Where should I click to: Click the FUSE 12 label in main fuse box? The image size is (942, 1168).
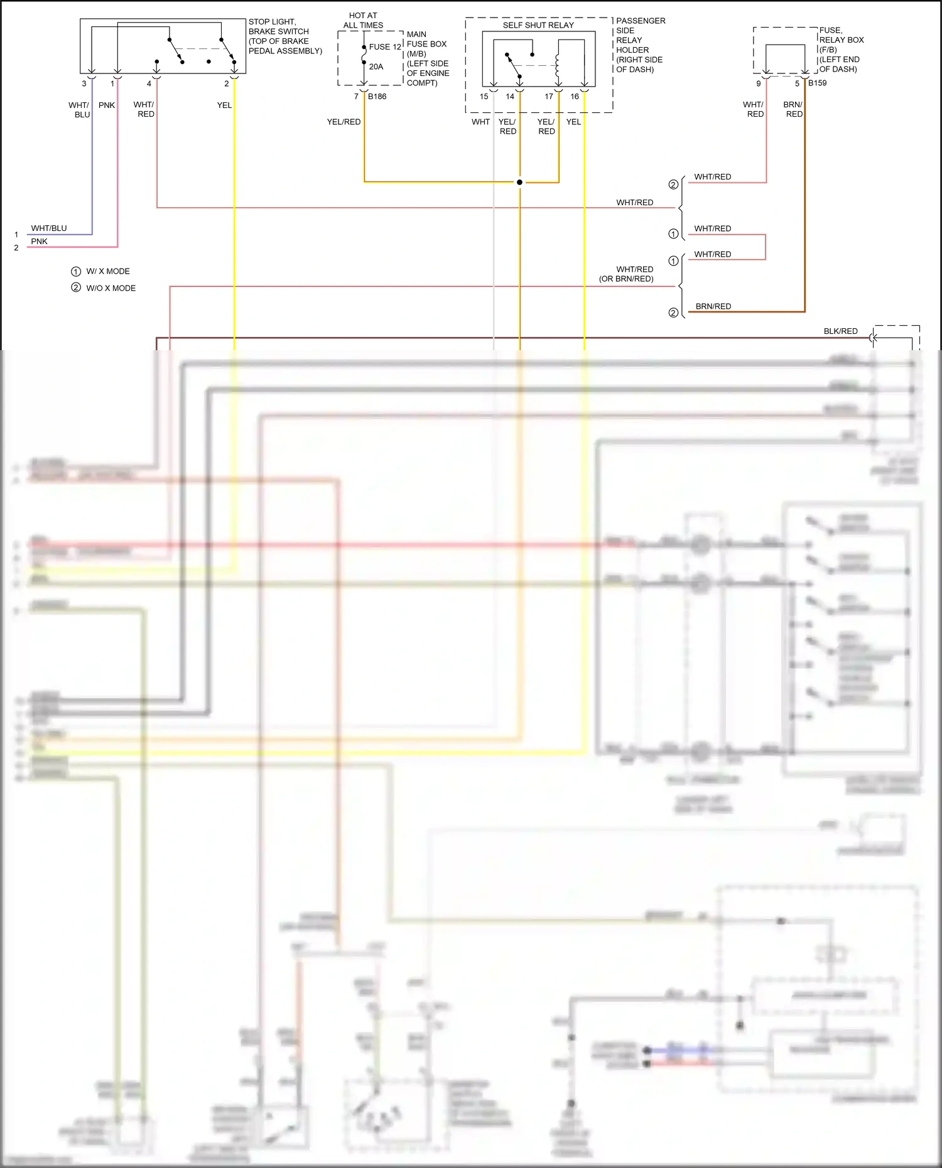pos(384,47)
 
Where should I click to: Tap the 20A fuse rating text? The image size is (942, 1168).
pos(376,67)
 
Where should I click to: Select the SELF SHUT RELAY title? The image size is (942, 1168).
pos(538,25)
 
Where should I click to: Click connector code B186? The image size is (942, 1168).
pos(377,97)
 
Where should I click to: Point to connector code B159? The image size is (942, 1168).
pos(817,83)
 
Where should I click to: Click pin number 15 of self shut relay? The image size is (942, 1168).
pos(484,97)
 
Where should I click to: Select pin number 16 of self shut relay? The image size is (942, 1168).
pos(575,97)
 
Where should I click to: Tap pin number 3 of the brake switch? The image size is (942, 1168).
pos(84,83)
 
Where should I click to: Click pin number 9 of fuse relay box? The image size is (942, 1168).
pos(758,83)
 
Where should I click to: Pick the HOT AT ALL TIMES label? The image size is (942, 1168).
pos(363,20)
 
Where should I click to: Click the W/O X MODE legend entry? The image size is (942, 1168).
pos(111,288)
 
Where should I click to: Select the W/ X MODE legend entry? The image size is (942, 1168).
pos(108,271)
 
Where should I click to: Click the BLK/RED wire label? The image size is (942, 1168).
pos(840,331)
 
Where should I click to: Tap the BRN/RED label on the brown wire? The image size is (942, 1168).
pos(713,306)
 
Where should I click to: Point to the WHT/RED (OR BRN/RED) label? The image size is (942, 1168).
pos(627,274)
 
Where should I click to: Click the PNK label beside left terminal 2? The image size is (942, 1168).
pos(39,242)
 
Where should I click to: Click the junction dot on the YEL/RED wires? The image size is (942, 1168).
pos(519,182)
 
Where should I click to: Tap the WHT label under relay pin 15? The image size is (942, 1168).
pos(480,122)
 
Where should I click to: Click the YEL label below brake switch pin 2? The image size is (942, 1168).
pos(224,105)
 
